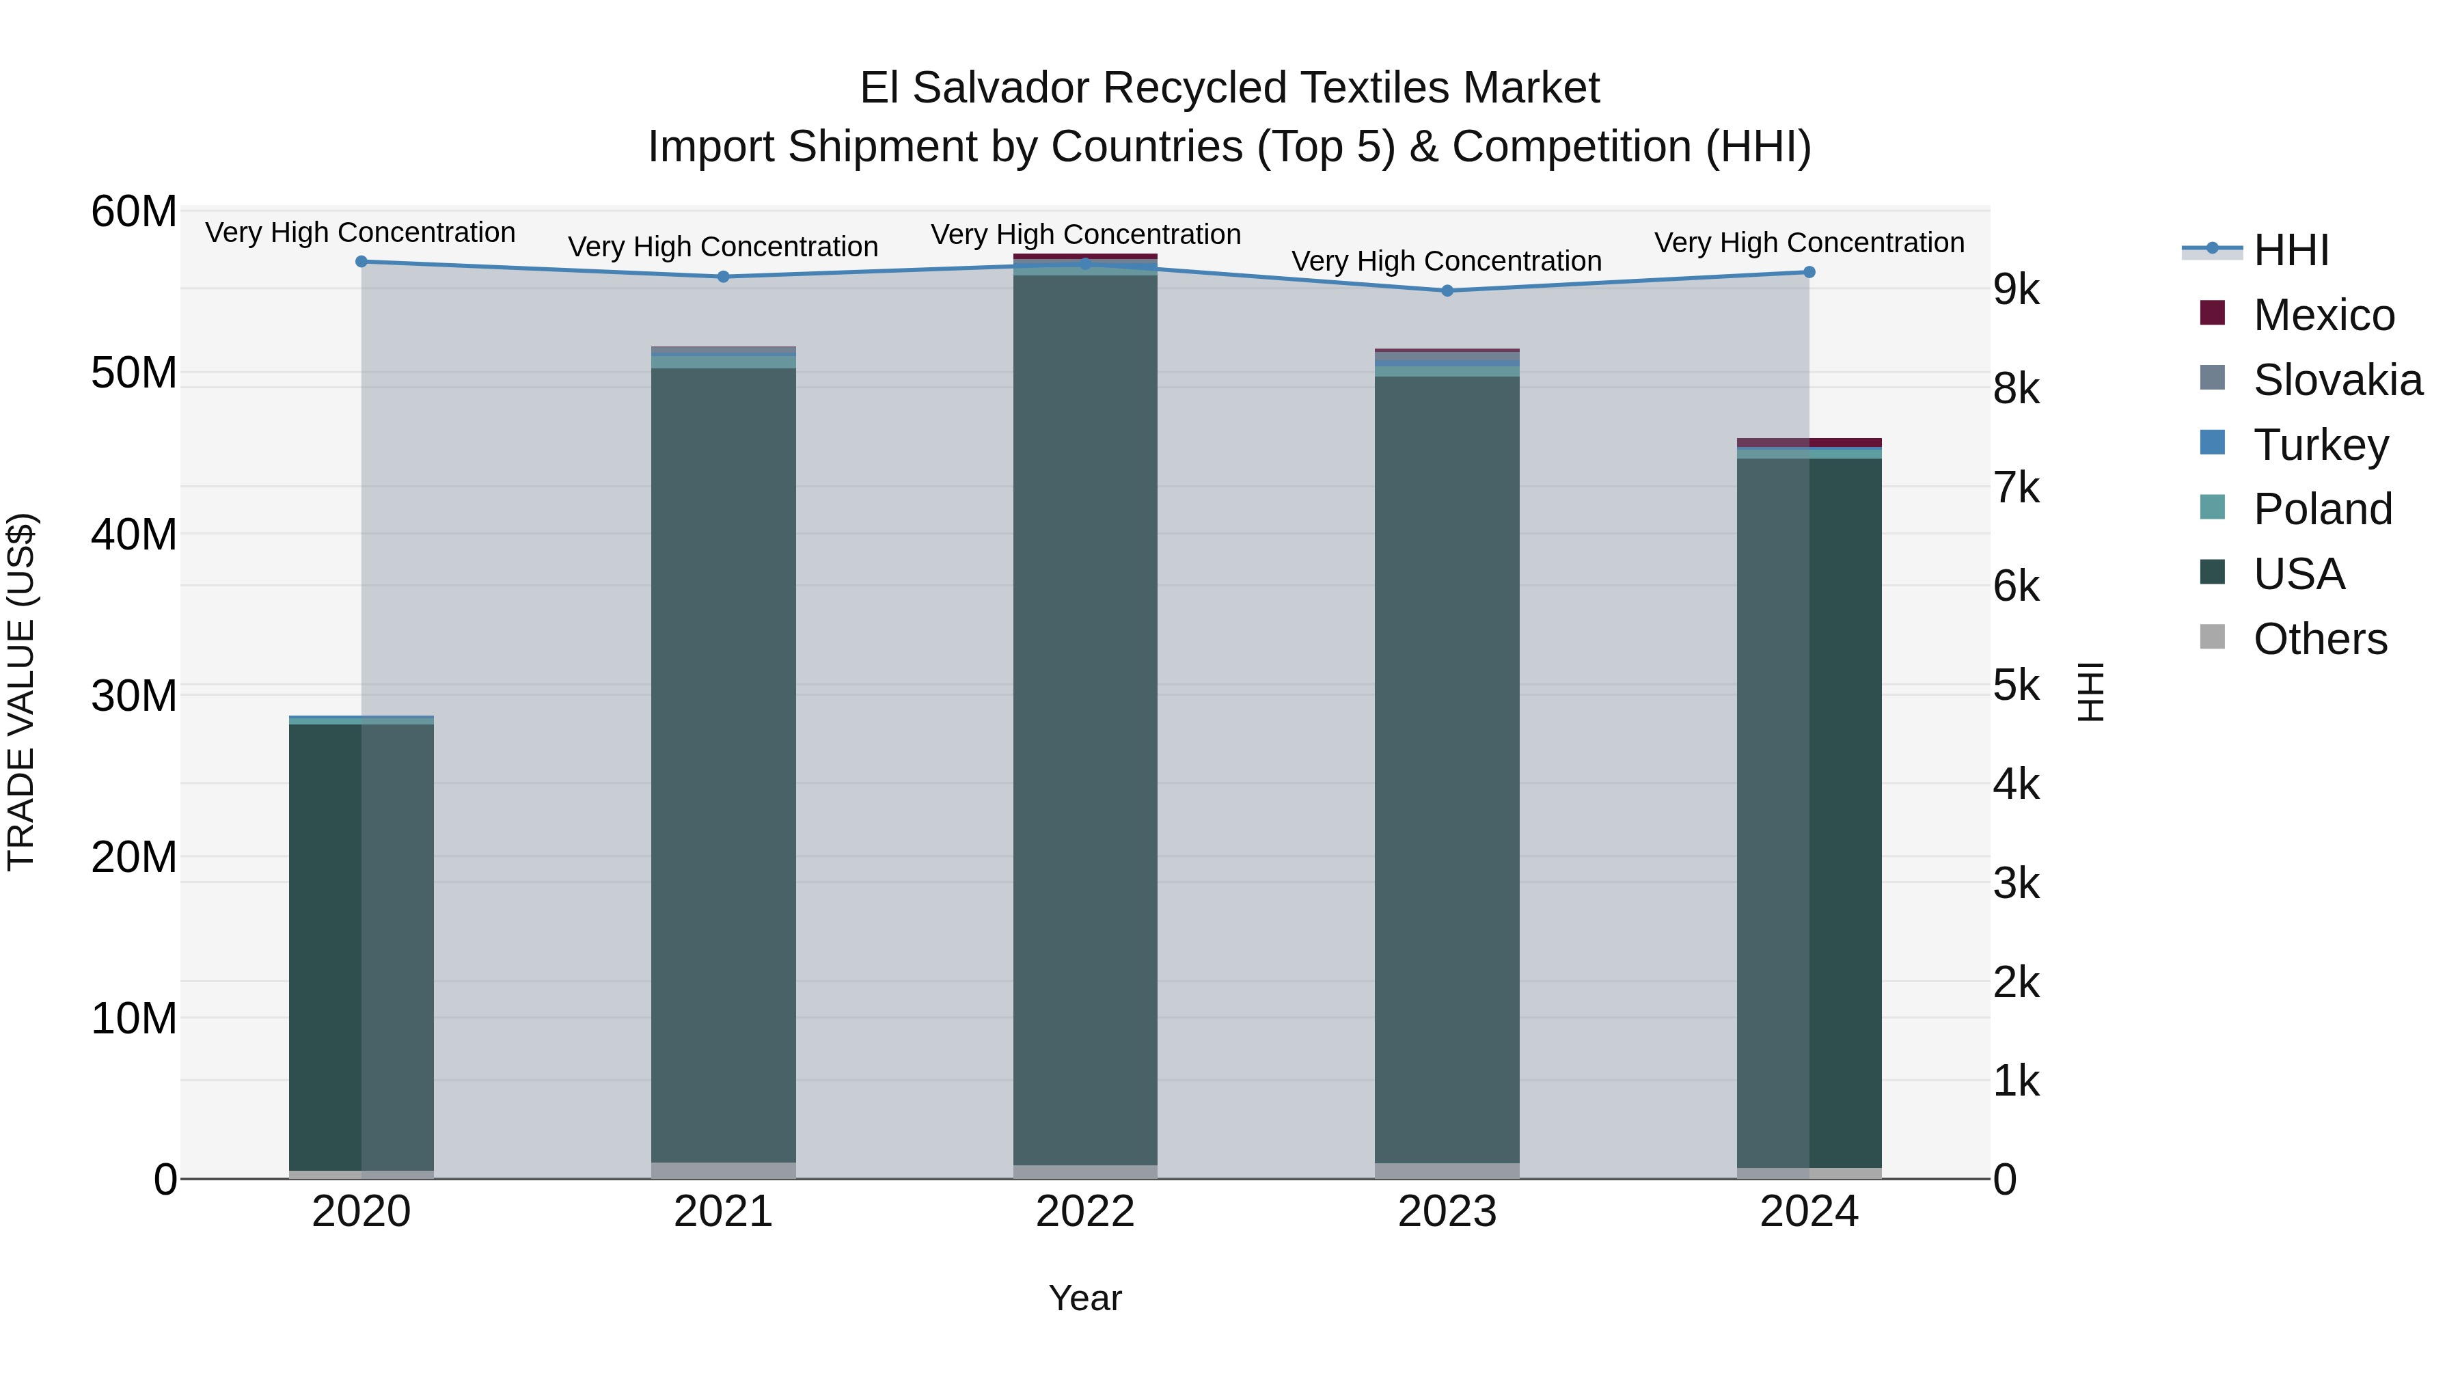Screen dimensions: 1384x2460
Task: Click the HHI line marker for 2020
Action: (361, 262)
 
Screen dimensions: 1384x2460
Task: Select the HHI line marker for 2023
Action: (1447, 290)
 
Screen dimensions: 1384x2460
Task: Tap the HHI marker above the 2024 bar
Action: (1809, 272)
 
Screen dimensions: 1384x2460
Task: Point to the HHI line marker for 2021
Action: (723, 277)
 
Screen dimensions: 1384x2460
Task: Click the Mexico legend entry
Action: (2323, 315)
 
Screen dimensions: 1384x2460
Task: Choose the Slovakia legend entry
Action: (2337, 380)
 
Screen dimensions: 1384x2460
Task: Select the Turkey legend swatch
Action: (2212, 443)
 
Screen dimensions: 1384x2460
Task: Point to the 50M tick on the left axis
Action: (134, 372)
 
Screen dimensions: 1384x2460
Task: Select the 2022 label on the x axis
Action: (1085, 1212)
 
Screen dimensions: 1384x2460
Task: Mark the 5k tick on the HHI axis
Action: (2016, 686)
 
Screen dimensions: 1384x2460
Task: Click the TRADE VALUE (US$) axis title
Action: (21, 692)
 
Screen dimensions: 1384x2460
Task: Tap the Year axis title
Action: (1085, 1298)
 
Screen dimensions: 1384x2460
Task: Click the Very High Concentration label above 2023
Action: (1446, 261)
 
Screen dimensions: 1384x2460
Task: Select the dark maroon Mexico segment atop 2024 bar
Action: (1844, 442)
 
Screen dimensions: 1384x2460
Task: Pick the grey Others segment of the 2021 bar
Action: (723, 1170)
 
